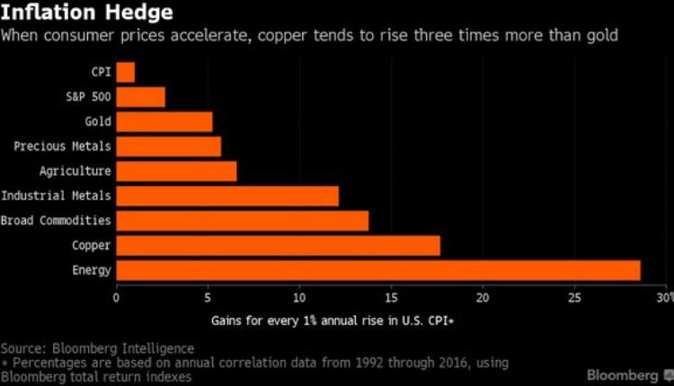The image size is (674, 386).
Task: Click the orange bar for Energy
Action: coord(377,269)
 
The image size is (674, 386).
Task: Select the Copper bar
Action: coord(278,245)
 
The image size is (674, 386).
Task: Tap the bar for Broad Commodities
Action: coord(242,220)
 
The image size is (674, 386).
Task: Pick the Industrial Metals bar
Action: coord(227,196)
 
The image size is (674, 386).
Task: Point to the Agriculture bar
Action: coord(176,171)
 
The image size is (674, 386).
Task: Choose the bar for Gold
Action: coord(164,121)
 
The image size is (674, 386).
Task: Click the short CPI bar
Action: coord(126,72)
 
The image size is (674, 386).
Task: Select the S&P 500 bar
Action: coord(141,96)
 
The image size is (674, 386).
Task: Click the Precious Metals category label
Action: coord(62,146)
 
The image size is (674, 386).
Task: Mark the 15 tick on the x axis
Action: coord(391,297)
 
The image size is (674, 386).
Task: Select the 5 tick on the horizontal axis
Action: coord(208,297)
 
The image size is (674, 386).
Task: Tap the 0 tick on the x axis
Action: coord(116,297)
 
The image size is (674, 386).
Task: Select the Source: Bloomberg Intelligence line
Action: coord(97,347)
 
